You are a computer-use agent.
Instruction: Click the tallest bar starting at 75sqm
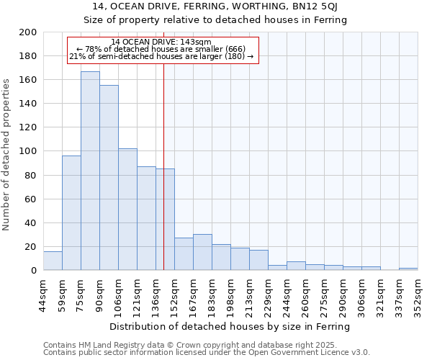[x=90, y=171]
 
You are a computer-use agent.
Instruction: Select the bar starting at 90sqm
[x=109, y=177]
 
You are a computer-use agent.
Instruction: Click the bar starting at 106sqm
[x=127, y=209]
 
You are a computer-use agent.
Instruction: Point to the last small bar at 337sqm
[x=408, y=269]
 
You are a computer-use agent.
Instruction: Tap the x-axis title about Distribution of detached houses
[x=230, y=326]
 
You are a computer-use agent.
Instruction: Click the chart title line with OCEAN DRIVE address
[x=215, y=6]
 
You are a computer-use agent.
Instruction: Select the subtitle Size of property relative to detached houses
[x=215, y=20]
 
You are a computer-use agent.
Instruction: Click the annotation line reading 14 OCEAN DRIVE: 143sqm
[x=161, y=42]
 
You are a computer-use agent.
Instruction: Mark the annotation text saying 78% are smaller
[x=161, y=49]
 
